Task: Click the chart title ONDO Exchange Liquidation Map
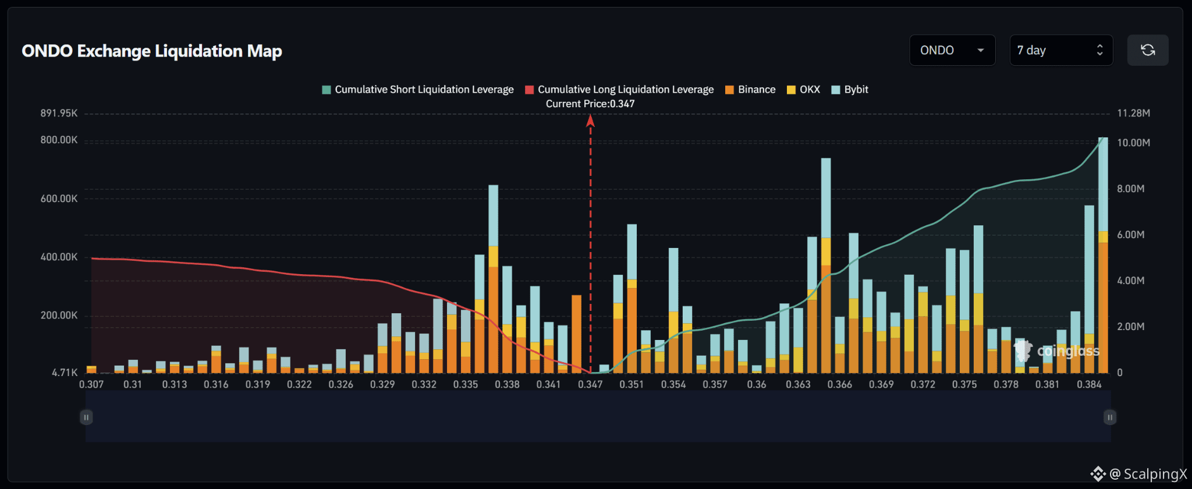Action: pyautogui.click(x=152, y=51)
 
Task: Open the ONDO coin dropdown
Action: pyautogui.click(x=952, y=50)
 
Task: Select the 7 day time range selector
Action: pyautogui.click(x=1061, y=50)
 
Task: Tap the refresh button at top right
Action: pyautogui.click(x=1148, y=50)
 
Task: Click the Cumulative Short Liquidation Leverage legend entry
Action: pyautogui.click(x=418, y=90)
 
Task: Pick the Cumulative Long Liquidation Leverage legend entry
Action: pyautogui.click(x=619, y=90)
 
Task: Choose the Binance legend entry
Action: pyautogui.click(x=750, y=90)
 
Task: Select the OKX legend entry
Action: pyautogui.click(x=803, y=90)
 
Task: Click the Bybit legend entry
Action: pyautogui.click(x=850, y=90)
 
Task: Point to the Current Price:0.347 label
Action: pyautogui.click(x=590, y=104)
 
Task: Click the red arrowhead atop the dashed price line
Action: pyautogui.click(x=590, y=120)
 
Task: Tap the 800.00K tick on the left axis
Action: pyautogui.click(x=59, y=140)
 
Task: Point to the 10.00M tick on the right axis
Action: pyautogui.click(x=1133, y=143)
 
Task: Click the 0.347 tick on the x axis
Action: pyautogui.click(x=590, y=384)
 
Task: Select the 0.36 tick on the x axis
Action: pyautogui.click(x=757, y=384)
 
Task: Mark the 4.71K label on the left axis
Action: pyautogui.click(x=65, y=373)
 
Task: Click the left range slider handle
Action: pyautogui.click(x=86, y=417)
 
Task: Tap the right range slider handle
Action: pyautogui.click(x=1110, y=417)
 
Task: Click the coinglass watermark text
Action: pyautogui.click(x=1068, y=351)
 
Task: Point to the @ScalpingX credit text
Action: pyautogui.click(x=1148, y=474)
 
